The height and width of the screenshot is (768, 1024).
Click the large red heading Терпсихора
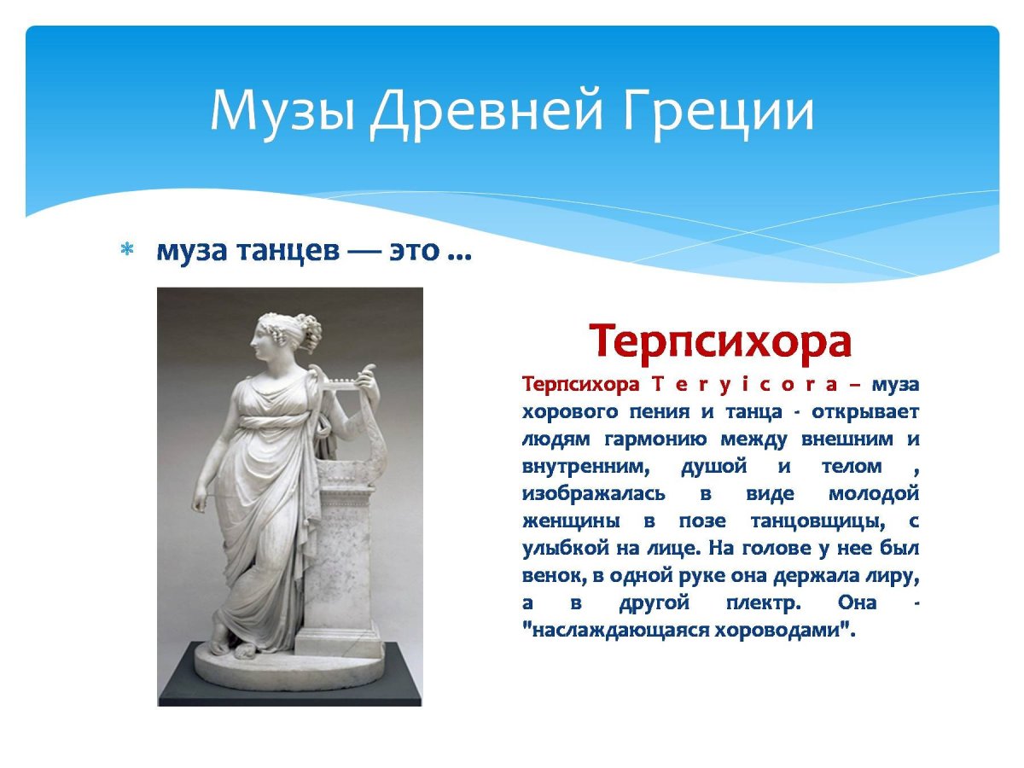tap(721, 341)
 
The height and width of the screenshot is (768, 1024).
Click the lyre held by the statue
tap(337, 384)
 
